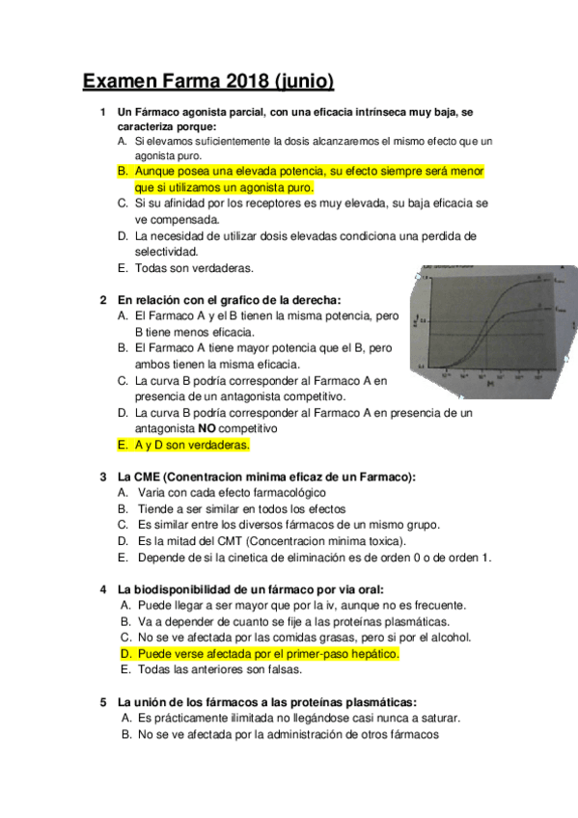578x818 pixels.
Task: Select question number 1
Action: coord(103,113)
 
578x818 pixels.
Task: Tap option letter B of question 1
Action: coord(123,171)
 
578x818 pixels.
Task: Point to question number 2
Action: coord(103,299)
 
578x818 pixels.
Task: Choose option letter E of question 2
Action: coord(122,445)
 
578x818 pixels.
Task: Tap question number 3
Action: coord(103,477)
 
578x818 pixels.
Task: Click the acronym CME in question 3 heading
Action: coord(151,477)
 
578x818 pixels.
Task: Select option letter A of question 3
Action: coord(123,493)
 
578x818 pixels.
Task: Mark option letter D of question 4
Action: coord(125,654)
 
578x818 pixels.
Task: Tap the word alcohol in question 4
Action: coord(447,638)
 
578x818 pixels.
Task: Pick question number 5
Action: coord(103,702)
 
